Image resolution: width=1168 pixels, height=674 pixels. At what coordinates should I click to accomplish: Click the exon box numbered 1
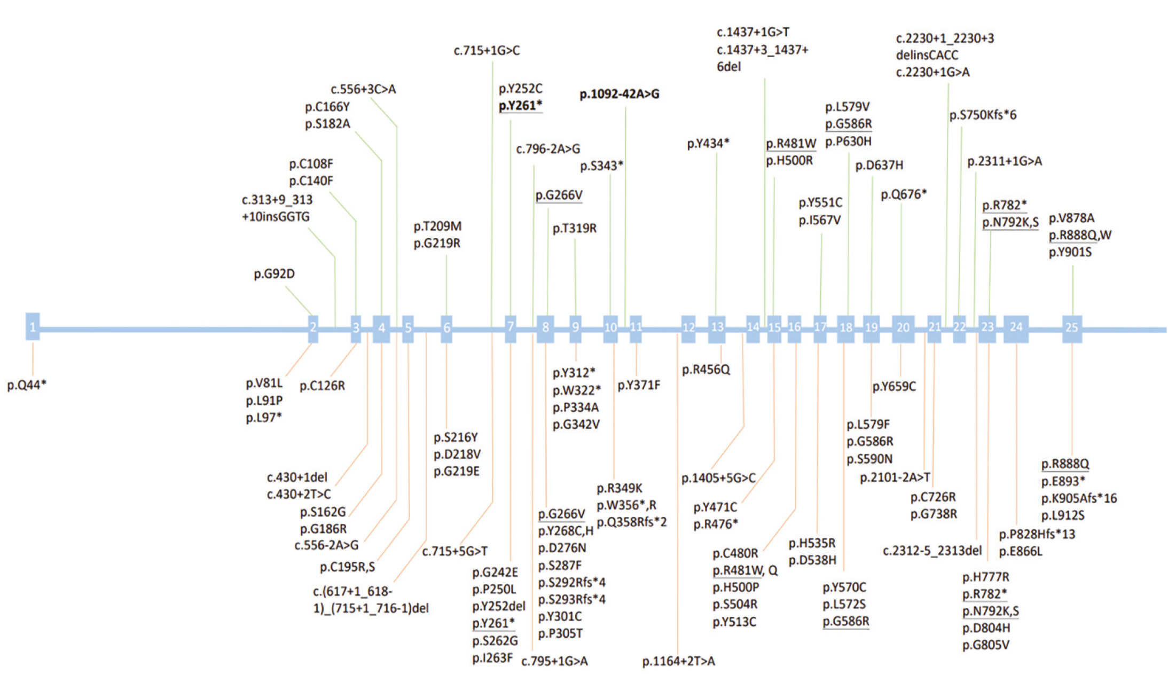click(33, 326)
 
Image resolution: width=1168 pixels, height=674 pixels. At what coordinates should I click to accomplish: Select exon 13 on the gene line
click(717, 327)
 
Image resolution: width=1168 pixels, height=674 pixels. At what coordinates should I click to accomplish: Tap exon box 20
click(903, 328)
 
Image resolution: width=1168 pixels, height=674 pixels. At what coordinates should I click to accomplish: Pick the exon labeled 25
click(1071, 328)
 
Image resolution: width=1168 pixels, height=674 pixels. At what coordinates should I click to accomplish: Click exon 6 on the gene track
click(446, 328)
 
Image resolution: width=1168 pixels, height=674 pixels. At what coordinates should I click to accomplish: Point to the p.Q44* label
click(27, 385)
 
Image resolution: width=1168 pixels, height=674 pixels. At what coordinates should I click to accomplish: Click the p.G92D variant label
click(274, 274)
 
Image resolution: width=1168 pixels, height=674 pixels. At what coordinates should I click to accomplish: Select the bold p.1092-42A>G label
click(620, 95)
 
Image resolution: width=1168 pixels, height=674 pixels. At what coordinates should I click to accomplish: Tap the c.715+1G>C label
click(487, 51)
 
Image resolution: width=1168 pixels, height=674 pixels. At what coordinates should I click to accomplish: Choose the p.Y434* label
click(708, 144)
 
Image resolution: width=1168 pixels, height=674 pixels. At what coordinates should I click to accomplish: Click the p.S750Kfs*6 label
click(983, 115)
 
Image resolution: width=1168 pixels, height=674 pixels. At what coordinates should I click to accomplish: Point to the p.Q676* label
click(904, 194)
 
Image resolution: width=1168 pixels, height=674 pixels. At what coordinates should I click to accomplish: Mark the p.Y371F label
click(639, 385)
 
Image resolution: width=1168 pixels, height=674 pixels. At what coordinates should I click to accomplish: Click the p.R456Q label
click(705, 370)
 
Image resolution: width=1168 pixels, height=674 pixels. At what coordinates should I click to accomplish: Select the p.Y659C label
click(894, 387)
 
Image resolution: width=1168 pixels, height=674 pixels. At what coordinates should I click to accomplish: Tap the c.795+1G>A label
click(554, 661)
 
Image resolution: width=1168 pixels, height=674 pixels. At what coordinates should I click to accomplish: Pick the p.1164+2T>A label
click(678, 661)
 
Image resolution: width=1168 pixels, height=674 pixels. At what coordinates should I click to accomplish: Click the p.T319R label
click(575, 229)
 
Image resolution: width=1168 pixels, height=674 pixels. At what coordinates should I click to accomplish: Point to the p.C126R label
click(322, 386)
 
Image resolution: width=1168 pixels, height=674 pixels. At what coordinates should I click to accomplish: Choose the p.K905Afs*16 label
click(1079, 498)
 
